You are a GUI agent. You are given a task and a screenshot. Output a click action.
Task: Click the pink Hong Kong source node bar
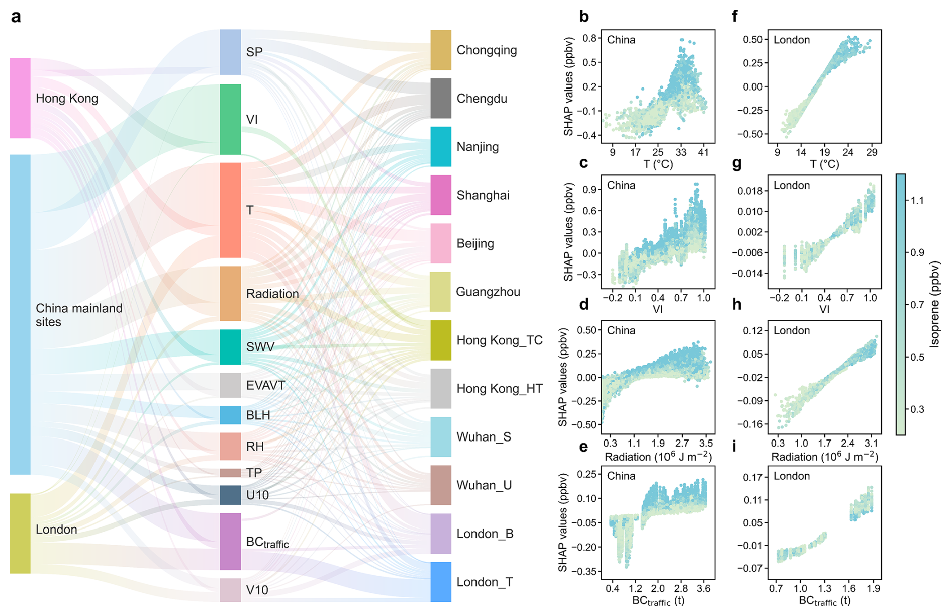tap(20, 98)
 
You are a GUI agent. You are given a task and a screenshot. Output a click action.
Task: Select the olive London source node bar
tap(20, 533)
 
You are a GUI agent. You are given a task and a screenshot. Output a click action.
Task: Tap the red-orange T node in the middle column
tap(230, 210)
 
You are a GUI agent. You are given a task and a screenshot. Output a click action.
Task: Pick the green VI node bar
tap(230, 119)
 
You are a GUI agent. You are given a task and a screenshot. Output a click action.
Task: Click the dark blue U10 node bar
tap(230, 495)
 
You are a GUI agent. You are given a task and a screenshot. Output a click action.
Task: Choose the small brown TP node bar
tap(230, 473)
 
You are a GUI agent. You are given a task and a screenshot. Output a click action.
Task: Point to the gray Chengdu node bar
tap(441, 98)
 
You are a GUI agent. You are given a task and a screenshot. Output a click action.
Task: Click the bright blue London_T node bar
tap(441, 582)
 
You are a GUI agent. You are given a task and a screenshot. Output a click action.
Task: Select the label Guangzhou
tap(488, 292)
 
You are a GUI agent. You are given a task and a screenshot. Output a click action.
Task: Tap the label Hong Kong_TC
tap(499, 340)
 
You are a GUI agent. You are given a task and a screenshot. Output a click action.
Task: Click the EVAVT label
tap(265, 385)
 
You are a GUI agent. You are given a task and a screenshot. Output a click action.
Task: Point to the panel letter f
tap(735, 17)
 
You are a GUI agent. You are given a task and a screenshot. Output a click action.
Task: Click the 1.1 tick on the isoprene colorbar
tap(917, 200)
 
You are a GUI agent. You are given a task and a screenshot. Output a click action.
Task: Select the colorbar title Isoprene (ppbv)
tap(935, 304)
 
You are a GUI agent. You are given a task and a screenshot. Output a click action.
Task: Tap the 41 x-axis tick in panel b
tap(703, 152)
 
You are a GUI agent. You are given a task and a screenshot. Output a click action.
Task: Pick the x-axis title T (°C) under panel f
tap(824, 164)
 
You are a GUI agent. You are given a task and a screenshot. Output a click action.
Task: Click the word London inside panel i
tap(792, 476)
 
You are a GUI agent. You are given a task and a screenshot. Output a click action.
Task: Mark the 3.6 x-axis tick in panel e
tap(703, 588)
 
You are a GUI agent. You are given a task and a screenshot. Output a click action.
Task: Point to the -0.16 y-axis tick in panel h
tap(751, 424)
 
